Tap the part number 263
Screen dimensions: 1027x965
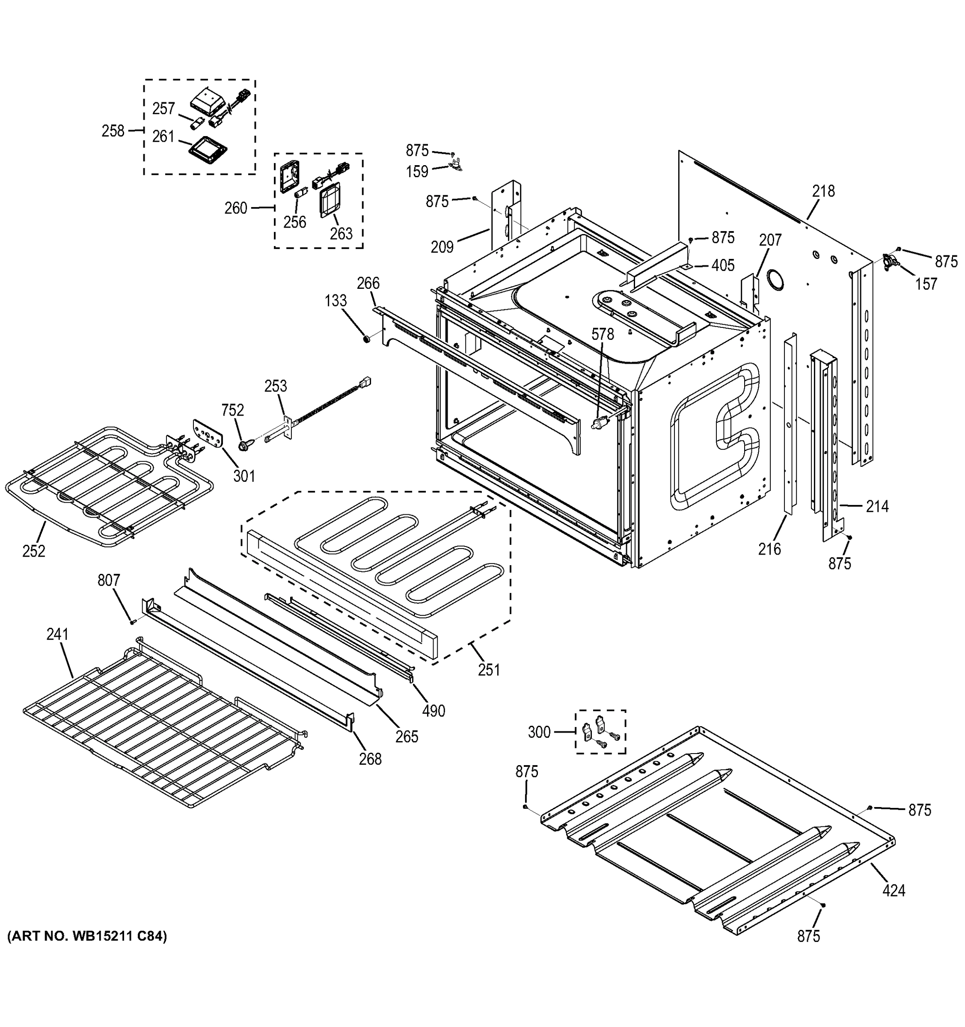[x=341, y=234]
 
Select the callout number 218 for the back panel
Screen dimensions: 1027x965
[x=823, y=191]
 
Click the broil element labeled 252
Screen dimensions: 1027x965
[x=103, y=481]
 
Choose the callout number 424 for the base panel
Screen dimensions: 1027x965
[x=894, y=890]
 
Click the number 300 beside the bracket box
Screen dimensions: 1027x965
[x=539, y=732]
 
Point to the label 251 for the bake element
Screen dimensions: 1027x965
[x=489, y=670]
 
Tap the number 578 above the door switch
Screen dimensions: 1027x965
[x=603, y=334]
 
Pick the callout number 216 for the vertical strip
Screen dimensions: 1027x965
[x=769, y=549]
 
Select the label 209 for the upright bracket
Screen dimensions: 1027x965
[x=442, y=247]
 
